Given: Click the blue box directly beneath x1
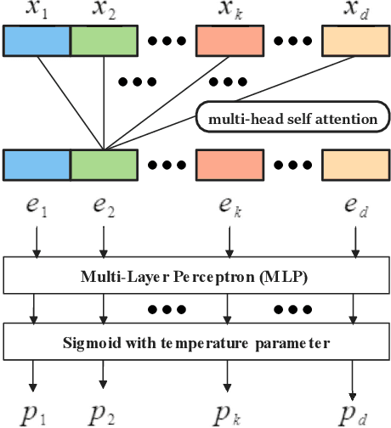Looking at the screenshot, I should pyautogui.click(x=37, y=41).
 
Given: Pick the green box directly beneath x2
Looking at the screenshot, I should pyautogui.click(x=103, y=41).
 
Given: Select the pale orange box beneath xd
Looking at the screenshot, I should pyautogui.click(x=353, y=41).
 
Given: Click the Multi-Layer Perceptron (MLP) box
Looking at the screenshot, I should pyautogui.click(x=195, y=275).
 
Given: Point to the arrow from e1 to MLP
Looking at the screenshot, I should pyautogui.click(x=36, y=244).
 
